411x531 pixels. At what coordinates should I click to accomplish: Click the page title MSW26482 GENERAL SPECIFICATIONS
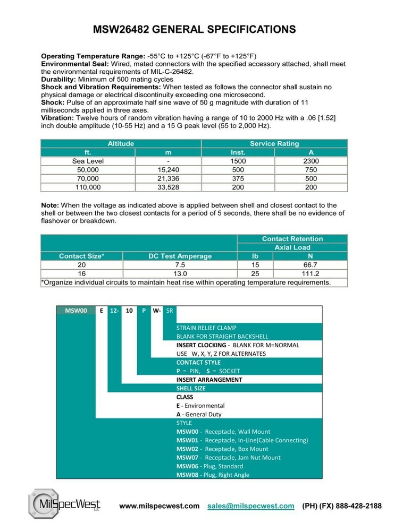[195, 30]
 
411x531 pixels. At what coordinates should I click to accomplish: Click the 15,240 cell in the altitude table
[167, 170]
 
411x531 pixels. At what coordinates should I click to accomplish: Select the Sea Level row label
[88, 161]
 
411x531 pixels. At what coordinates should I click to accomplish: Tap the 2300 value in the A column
[311, 161]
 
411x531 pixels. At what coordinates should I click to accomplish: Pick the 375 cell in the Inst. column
[238, 178]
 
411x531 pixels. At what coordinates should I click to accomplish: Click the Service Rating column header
[274, 143]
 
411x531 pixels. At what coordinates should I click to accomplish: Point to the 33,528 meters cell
[167, 187]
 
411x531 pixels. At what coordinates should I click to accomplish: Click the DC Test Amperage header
[180, 256]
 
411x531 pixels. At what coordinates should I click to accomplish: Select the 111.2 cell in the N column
[311, 273]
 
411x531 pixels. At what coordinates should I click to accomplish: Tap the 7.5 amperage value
[180, 265]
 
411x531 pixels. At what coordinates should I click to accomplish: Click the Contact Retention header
[292, 239]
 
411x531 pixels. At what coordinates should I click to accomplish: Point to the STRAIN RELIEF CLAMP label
[206, 328]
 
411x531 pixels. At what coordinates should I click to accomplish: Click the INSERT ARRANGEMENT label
[209, 380]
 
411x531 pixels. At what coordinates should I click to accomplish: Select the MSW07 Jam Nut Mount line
[228, 458]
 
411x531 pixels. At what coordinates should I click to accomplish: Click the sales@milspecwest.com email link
[250, 506]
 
